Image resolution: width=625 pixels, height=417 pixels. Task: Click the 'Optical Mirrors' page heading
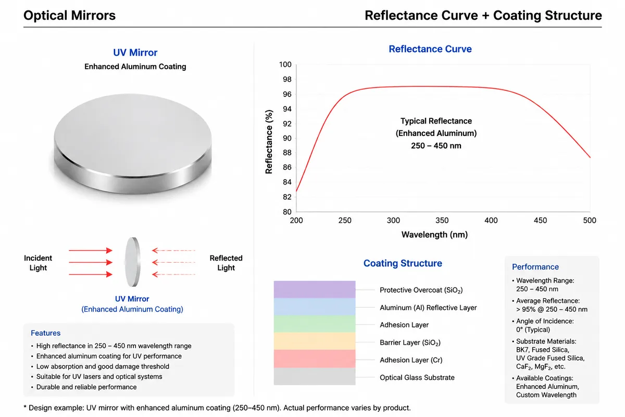[69, 15]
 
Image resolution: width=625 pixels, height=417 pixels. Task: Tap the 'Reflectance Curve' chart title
[430, 49]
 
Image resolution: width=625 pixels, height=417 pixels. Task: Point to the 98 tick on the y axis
[287, 79]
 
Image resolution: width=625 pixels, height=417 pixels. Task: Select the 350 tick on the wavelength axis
[442, 220]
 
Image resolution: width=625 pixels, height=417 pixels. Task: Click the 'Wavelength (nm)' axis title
[434, 235]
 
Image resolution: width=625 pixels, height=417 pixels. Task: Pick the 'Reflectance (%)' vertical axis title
[269, 142]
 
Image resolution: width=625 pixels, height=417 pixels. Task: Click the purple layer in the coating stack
[315, 289]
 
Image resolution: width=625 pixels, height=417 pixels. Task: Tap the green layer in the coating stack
[315, 324]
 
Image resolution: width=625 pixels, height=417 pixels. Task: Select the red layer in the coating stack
[315, 359]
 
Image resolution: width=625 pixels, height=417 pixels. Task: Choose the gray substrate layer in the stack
[315, 376]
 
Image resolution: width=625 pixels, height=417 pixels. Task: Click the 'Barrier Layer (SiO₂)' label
[410, 342]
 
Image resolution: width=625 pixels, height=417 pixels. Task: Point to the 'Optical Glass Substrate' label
[417, 377]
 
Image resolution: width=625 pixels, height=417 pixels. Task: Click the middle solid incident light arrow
[91, 262]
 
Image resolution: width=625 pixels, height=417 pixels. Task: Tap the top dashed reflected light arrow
[173, 250]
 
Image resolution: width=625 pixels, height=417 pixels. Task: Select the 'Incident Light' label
[38, 263]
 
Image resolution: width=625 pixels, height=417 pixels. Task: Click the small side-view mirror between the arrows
[132, 262]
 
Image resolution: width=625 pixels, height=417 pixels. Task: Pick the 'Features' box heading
[45, 333]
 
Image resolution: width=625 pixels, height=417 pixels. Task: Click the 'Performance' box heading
[535, 267]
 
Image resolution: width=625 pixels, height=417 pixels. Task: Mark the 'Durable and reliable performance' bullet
[86, 387]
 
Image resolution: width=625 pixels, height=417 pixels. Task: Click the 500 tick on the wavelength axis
[589, 220]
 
